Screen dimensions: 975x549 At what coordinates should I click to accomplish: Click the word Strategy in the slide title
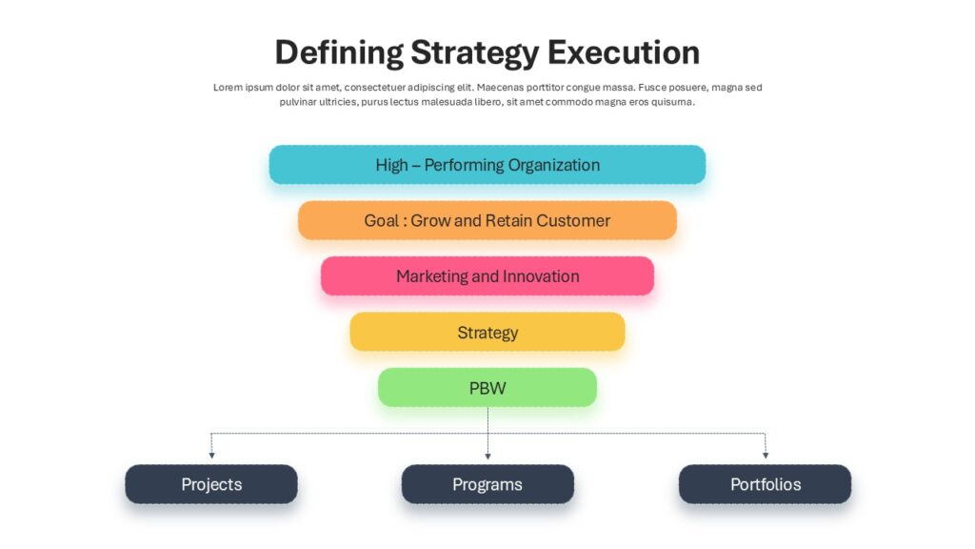coord(474,53)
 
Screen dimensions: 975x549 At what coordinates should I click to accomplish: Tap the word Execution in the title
coord(624,52)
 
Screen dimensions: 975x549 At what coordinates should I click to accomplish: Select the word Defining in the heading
coord(339,53)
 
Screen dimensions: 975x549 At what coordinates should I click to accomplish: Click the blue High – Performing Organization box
coord(487,164)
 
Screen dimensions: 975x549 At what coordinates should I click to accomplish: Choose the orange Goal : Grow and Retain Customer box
coord(487,220)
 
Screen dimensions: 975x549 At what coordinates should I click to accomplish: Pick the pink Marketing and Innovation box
coord(487,275)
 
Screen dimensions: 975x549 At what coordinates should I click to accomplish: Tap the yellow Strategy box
coord(487,332)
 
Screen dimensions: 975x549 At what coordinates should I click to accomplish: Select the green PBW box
coord(487,387)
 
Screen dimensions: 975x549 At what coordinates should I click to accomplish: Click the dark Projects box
coord(211,484)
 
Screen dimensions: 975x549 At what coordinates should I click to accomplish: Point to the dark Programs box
coord(487,484)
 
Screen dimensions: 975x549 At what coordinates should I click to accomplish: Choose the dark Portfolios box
coord(765,484)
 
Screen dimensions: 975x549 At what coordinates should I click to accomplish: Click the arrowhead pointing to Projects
coord(211,456)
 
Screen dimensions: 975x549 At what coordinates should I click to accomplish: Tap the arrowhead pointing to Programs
coord(487,457)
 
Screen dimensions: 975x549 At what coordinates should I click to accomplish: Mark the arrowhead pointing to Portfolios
coord(766,456)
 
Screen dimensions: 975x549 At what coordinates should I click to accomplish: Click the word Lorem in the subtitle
coord(228,88)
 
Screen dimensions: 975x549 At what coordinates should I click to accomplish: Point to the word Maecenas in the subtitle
coord(501,88)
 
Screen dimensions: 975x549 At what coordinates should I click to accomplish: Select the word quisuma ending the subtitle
coord(673,102)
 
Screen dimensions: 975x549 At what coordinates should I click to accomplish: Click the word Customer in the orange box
coord(573,220)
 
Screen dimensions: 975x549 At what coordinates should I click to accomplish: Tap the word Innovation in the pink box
coord(541,275)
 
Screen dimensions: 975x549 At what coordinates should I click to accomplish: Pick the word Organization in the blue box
coord(555,165)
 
